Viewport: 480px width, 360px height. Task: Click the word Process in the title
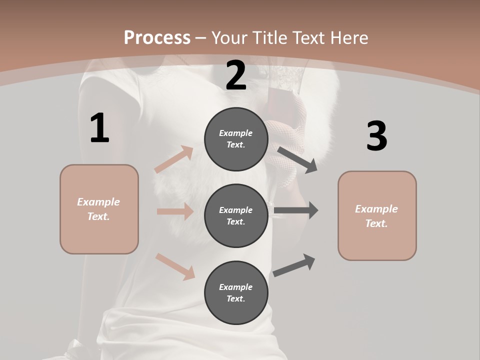tap(157, 38)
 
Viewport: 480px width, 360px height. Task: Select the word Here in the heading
tap(349, 38)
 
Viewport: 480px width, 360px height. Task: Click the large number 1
tap(99, 128)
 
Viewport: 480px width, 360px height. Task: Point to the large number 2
tap(236, 75)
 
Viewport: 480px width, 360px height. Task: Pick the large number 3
tap(376, 136)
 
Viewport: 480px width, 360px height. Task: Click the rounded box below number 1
tap(99, 209)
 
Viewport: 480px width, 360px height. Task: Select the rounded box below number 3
tap(377, 216)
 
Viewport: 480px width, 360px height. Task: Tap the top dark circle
tap(236, 139)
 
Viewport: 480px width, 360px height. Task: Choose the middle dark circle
tap(236, 215)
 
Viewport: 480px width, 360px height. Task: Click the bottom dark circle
tap(236, 292)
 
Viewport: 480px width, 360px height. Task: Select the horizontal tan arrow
tap(175, 211)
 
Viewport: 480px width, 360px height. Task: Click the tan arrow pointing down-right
tap(175, 266)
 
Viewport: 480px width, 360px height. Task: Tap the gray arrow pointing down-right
tap(297, 159)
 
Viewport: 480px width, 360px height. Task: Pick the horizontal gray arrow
tap(296, 210)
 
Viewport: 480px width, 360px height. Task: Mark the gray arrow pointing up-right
tap(294, 265)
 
